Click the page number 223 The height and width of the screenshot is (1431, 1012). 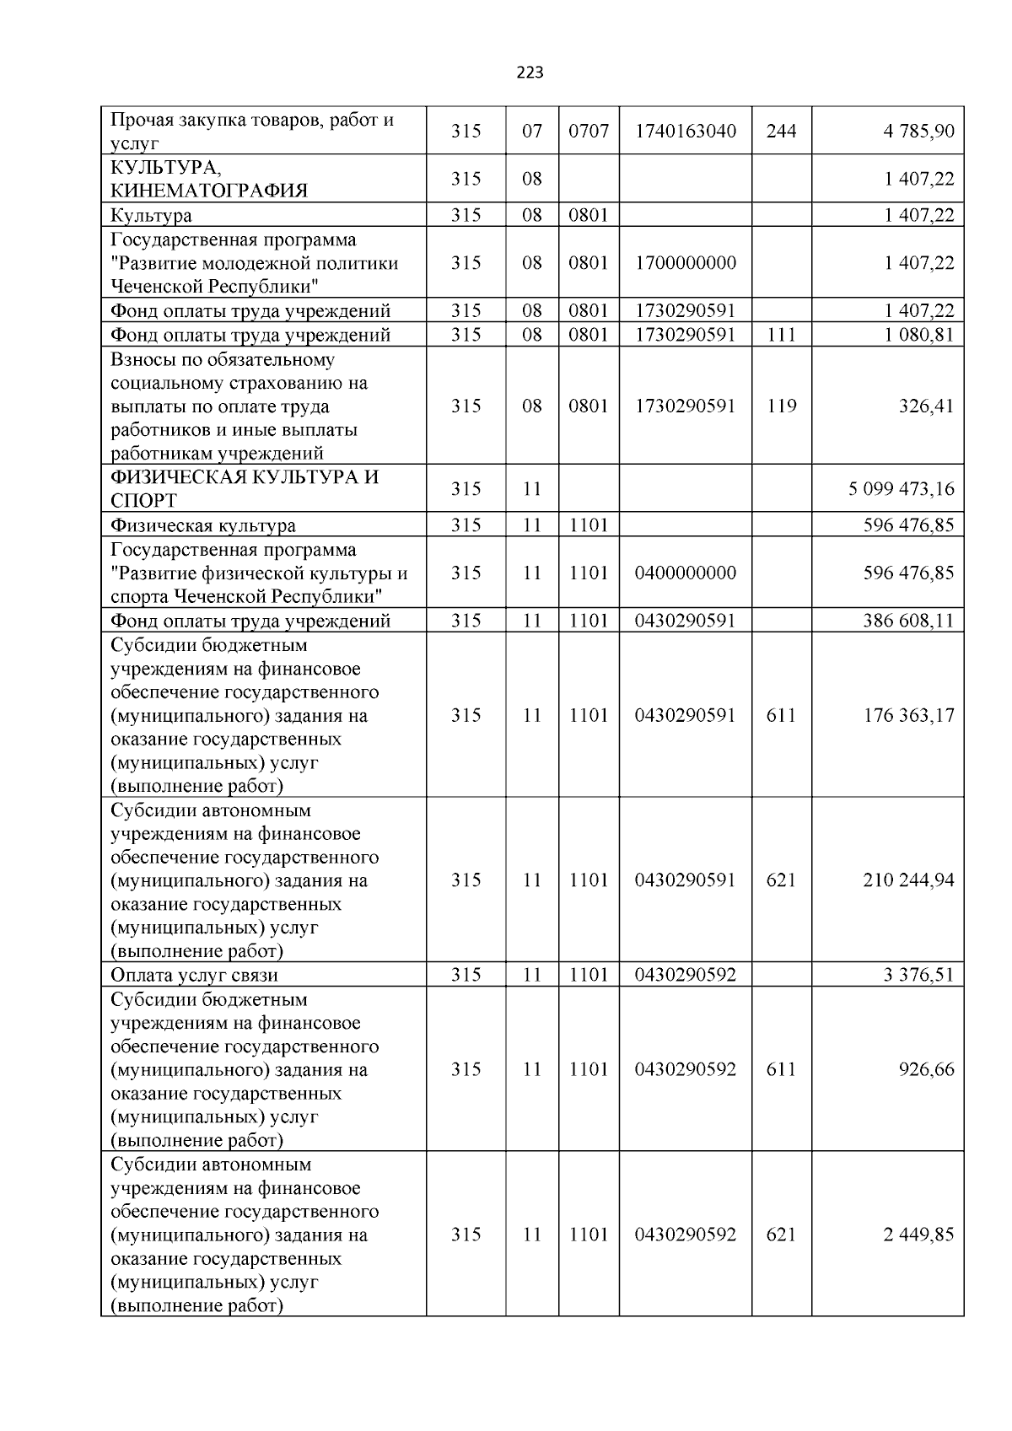point(530,73)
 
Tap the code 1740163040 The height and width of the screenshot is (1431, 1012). point(685,132)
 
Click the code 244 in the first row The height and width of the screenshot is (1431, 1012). point(781,132)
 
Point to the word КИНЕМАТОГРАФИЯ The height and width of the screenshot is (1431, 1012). point(209,191)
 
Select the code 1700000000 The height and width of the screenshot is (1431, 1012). point(685,263)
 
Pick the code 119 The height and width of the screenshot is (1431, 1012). point(781,406)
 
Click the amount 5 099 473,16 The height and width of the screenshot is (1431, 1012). point(902,489)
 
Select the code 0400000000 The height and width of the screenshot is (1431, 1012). point(685,573)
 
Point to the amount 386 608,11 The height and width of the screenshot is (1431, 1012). point(908,621)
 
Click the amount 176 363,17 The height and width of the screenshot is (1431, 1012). point(908,716)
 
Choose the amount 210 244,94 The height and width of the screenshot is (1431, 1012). point(908,880)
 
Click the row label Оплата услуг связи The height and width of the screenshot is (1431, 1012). point(194,976)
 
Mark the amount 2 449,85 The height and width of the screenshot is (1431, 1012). point(918,1235)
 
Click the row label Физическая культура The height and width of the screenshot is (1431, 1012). point(202,526)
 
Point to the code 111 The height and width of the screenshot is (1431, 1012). point(781,336)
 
